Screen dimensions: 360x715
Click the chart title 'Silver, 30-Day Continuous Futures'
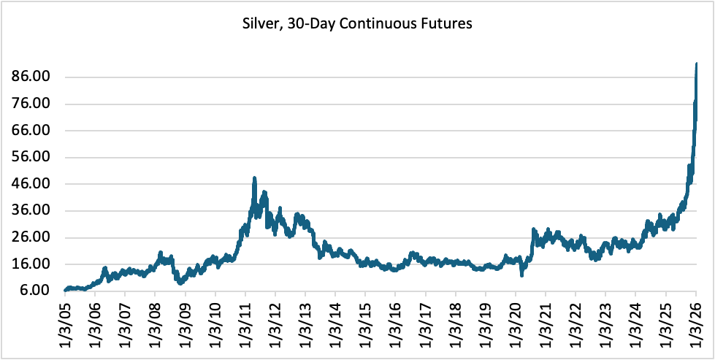[357, 24]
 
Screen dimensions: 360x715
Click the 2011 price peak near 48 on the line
[253, 177]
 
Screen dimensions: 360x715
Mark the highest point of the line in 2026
[696, 64]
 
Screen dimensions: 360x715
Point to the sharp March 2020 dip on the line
[521, 275]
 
